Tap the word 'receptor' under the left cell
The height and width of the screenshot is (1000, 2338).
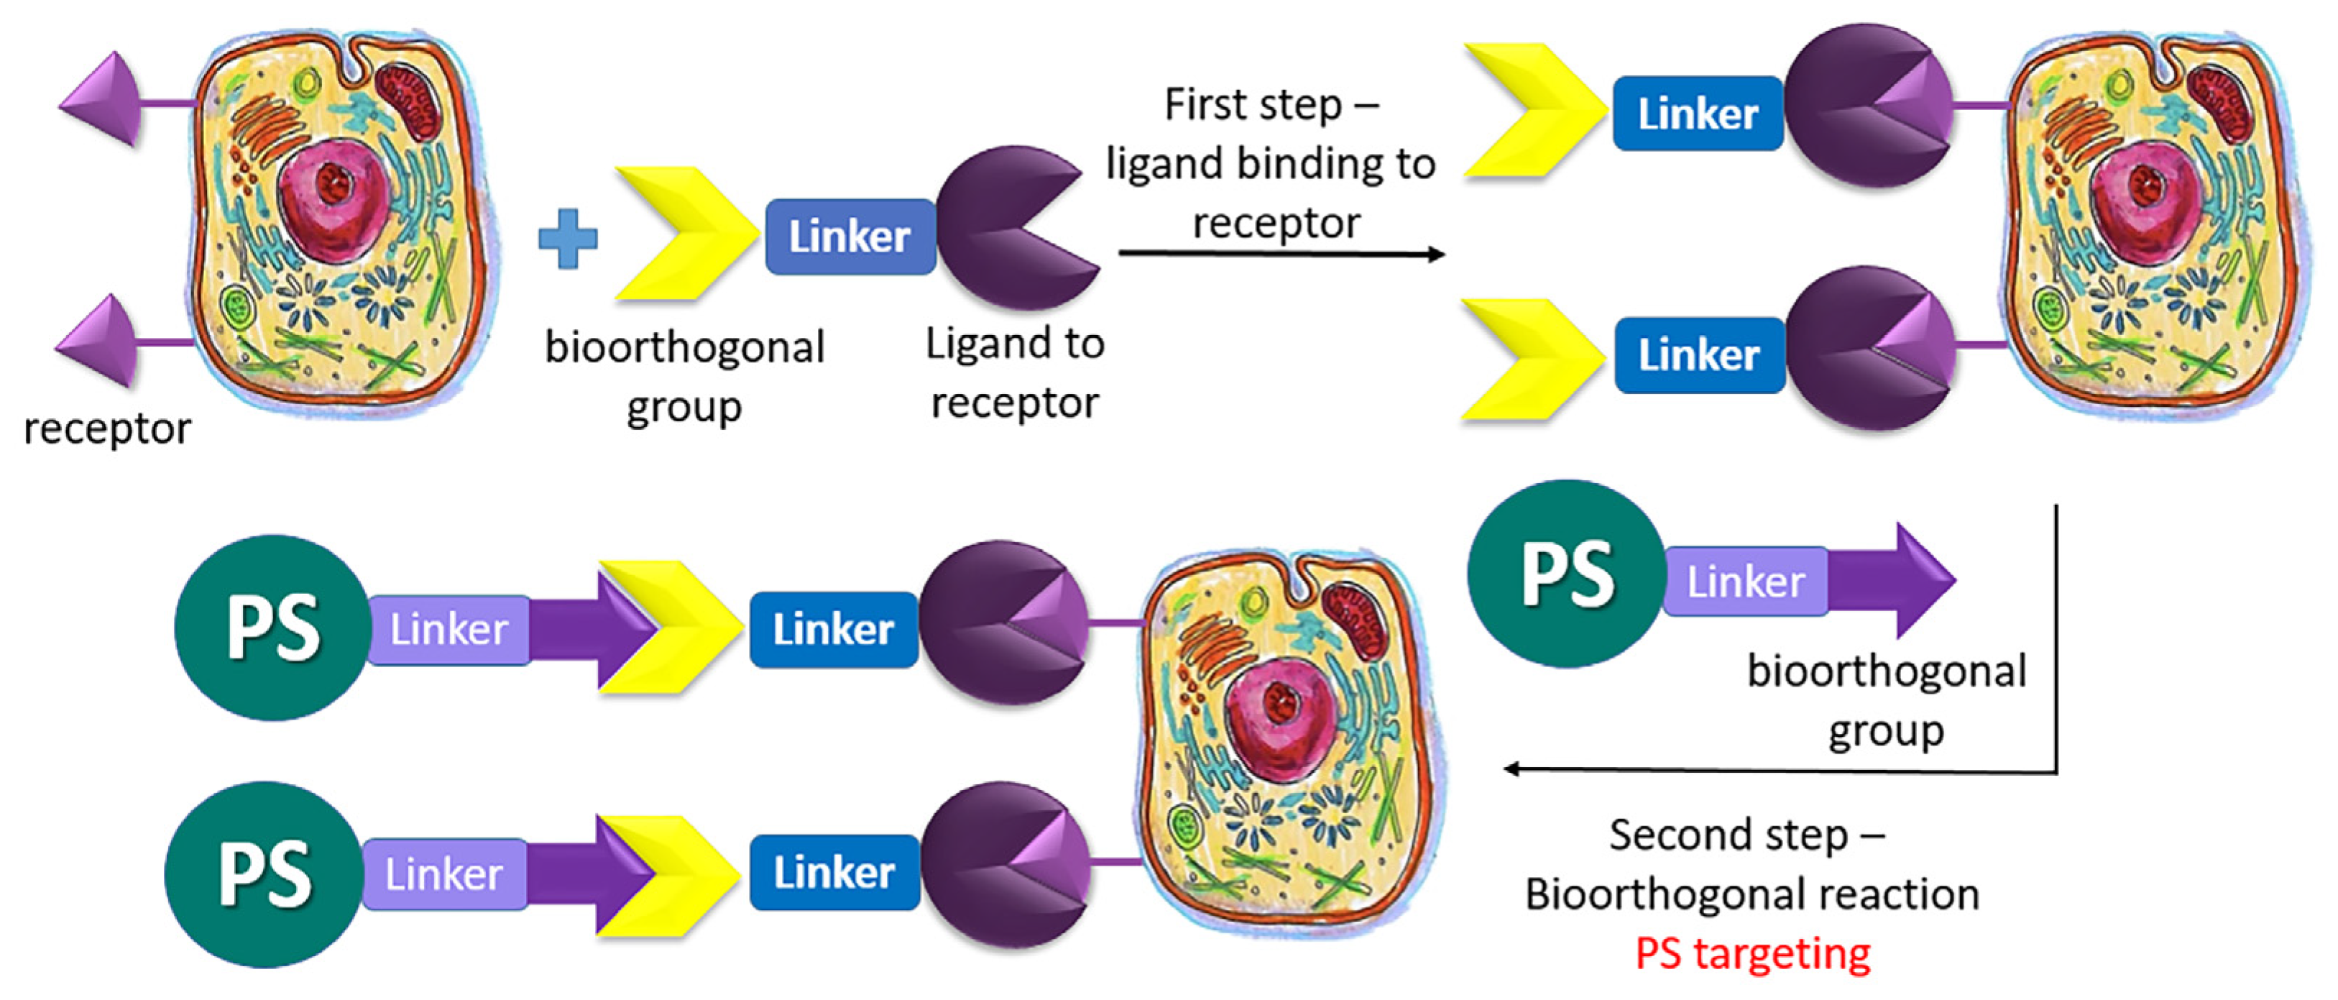tap(107, 428)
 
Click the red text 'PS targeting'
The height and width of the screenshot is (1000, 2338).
tap(1752, 953)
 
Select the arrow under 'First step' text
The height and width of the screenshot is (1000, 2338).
tap(1280, 253)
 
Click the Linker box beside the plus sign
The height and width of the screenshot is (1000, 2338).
tap(849, 237)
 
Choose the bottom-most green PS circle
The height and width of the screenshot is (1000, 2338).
tap(264, 875)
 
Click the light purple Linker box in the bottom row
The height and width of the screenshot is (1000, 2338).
tap(444, 875)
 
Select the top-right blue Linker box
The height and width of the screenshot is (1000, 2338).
tap(1697, 114)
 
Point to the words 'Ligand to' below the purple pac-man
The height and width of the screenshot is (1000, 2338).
tap(1014, 343)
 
